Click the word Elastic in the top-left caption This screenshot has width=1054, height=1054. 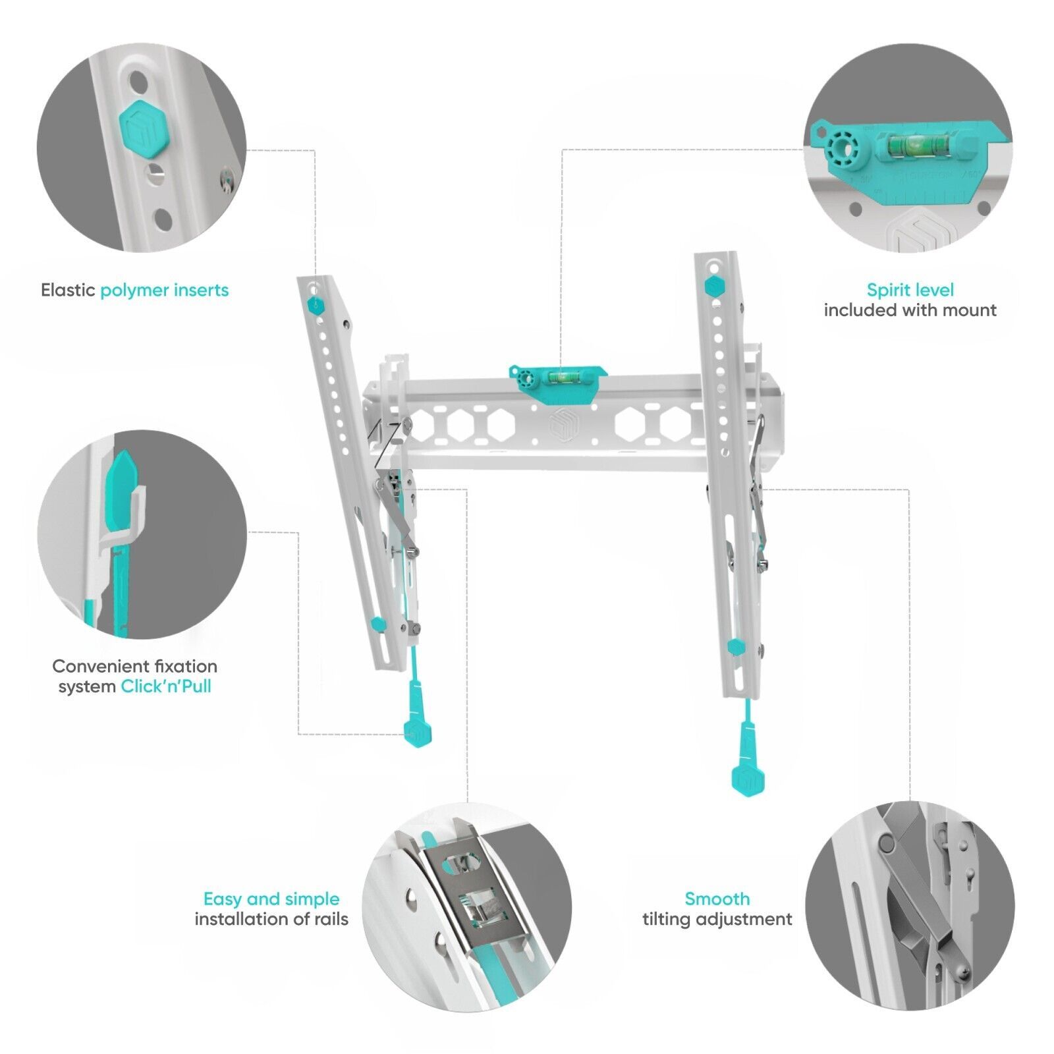point(68,291)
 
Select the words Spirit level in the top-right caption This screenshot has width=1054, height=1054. point(910,290)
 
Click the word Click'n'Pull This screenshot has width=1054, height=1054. point(166,686)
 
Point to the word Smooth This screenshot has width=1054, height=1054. point(717,899)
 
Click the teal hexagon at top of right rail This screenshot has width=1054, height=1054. point(713,287)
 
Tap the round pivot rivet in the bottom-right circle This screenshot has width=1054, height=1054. point(887,843)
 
